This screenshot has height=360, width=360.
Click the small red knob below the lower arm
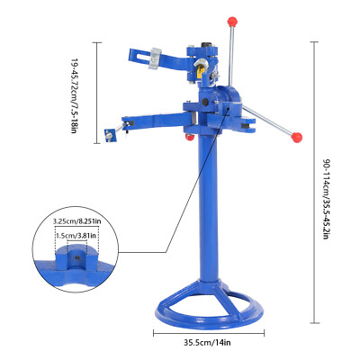(x=190, y=138)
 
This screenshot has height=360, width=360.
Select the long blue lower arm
(x=153, y=119)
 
